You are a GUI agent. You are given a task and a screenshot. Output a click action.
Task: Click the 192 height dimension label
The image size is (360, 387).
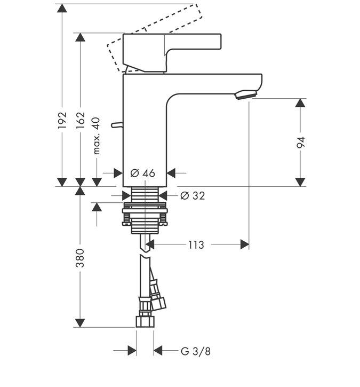[62, 120]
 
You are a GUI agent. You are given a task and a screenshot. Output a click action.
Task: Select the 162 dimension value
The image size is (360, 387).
[81, 120]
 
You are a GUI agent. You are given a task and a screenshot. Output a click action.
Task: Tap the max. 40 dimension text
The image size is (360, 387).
[97, 136]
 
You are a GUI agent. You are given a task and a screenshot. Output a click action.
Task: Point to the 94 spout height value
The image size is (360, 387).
[301, 142]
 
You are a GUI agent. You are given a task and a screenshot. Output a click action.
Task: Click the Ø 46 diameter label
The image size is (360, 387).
[143, 173]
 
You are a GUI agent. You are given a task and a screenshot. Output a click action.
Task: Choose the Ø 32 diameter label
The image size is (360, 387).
[193, 196]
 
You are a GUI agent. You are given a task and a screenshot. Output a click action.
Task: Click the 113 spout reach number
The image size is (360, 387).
[196, 245]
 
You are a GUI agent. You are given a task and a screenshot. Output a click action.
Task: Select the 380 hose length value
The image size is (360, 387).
[80, 258]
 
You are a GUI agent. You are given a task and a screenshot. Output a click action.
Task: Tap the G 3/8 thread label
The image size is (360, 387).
[196, 351]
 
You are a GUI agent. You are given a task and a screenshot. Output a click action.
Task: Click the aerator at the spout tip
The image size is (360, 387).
[246, 94]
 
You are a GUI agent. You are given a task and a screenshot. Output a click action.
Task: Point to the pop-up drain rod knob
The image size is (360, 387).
[117, 125]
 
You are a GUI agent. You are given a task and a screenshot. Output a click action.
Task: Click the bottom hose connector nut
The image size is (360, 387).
[145, 321]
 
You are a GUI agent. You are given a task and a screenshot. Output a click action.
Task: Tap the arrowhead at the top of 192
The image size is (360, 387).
[62, 8]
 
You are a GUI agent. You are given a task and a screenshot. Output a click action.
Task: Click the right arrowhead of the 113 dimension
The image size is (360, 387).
[245, 244]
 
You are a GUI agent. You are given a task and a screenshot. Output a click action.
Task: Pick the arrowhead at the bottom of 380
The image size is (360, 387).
[80, 323]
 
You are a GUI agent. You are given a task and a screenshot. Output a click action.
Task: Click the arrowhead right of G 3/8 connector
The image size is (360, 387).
[158, 351]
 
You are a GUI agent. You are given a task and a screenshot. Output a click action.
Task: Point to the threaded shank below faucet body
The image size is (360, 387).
[145, 194]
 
